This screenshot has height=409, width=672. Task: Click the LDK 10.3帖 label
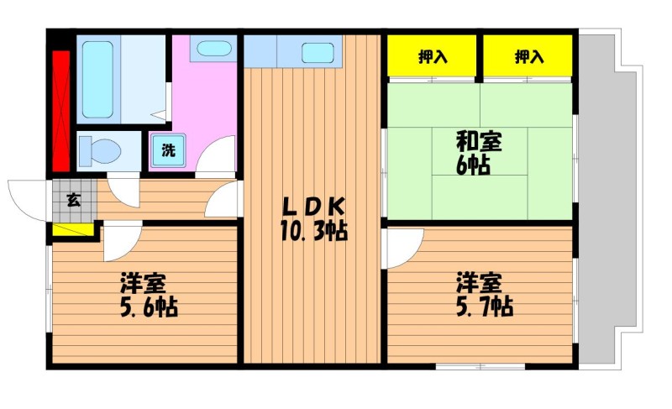[312, 218]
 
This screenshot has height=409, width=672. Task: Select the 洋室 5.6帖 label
[147, 295]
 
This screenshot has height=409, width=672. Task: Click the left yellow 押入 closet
[433, 57]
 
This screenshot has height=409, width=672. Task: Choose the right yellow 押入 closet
[528, 57]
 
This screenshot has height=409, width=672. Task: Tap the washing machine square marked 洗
[168, 152]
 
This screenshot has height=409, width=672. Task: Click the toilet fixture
[101, 152]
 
